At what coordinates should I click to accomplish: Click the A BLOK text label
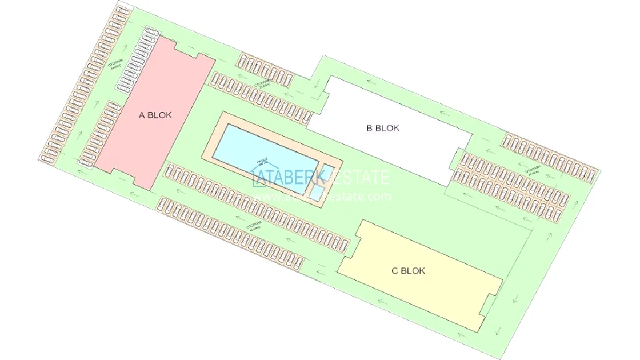(x=155, y=115)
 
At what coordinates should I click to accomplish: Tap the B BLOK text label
(x=383, y=128)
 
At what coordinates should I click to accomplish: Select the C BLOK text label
(x=408, y=271)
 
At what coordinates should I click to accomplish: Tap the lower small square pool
(x=315, y=189)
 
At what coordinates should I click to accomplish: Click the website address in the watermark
(x=323, y=197)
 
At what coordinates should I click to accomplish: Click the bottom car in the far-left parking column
(x=49, y=158)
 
